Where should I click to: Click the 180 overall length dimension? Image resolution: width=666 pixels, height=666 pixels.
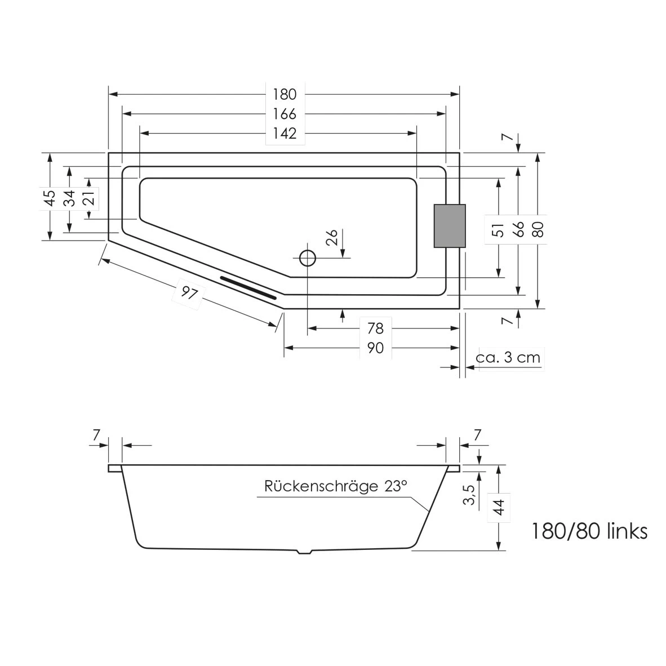click(x=285, y=94)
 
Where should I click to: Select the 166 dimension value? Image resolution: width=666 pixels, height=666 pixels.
click(x=285, y=114)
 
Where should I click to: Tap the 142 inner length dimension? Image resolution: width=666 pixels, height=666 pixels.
click(x=285, y=134)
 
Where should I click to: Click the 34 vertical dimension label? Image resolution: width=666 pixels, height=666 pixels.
click(x=69, y=198)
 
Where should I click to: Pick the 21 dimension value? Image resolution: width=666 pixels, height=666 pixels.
click(x=89, y=198)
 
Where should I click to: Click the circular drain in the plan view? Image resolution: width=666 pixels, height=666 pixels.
click(x=308, y=258)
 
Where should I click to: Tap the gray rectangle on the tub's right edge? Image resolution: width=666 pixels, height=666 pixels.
click(x=450, y=226)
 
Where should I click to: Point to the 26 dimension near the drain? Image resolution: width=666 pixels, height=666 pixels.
click(x=331, y=237)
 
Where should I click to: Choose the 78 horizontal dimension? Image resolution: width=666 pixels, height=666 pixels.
click(x=375, y=328)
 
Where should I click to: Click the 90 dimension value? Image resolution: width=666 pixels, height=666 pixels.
click(x=375, y=348)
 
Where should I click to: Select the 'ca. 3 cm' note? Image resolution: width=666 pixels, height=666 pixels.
click(x=508, y=358)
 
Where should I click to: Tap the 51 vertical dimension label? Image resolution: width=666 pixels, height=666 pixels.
click(x=498, y=230)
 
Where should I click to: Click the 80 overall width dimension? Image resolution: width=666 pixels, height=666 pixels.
click(x=539, y=229)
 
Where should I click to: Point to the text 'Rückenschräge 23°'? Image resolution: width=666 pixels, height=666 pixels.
click(x=335, y=486)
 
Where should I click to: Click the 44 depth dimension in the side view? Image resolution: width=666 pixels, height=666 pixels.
click(x=498, y=505)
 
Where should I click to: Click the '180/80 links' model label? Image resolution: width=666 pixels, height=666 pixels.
click(x=589, y=531)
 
